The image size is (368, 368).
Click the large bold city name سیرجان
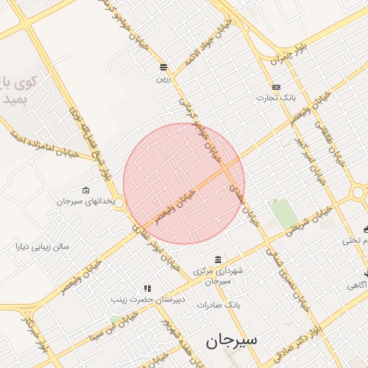231,340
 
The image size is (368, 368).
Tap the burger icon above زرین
164,67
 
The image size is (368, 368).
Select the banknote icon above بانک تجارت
276,86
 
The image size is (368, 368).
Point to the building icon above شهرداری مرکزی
218,259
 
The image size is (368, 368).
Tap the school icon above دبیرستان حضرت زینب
147,288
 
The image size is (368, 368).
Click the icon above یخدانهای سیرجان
86,190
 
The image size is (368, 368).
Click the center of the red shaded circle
184,183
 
